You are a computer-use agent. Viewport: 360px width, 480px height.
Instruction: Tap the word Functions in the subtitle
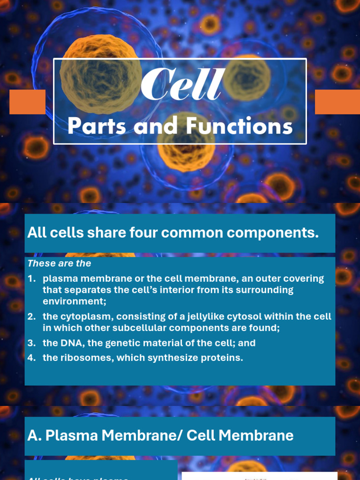(239, 127)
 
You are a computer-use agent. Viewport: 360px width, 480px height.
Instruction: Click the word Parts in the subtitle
(97, 127)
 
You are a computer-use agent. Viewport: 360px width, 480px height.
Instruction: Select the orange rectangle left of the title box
(27, 102)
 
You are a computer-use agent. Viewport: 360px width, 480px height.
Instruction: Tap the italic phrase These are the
(59, 263)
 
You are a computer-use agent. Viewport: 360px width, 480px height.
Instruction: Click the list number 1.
(31, 278)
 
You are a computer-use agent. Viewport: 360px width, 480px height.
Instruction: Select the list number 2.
(31, 317)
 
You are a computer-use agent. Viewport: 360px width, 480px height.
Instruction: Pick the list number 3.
(31, 343)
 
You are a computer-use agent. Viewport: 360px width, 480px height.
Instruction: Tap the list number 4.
(31, 358)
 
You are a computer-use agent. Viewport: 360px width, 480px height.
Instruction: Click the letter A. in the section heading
(34, 435)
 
